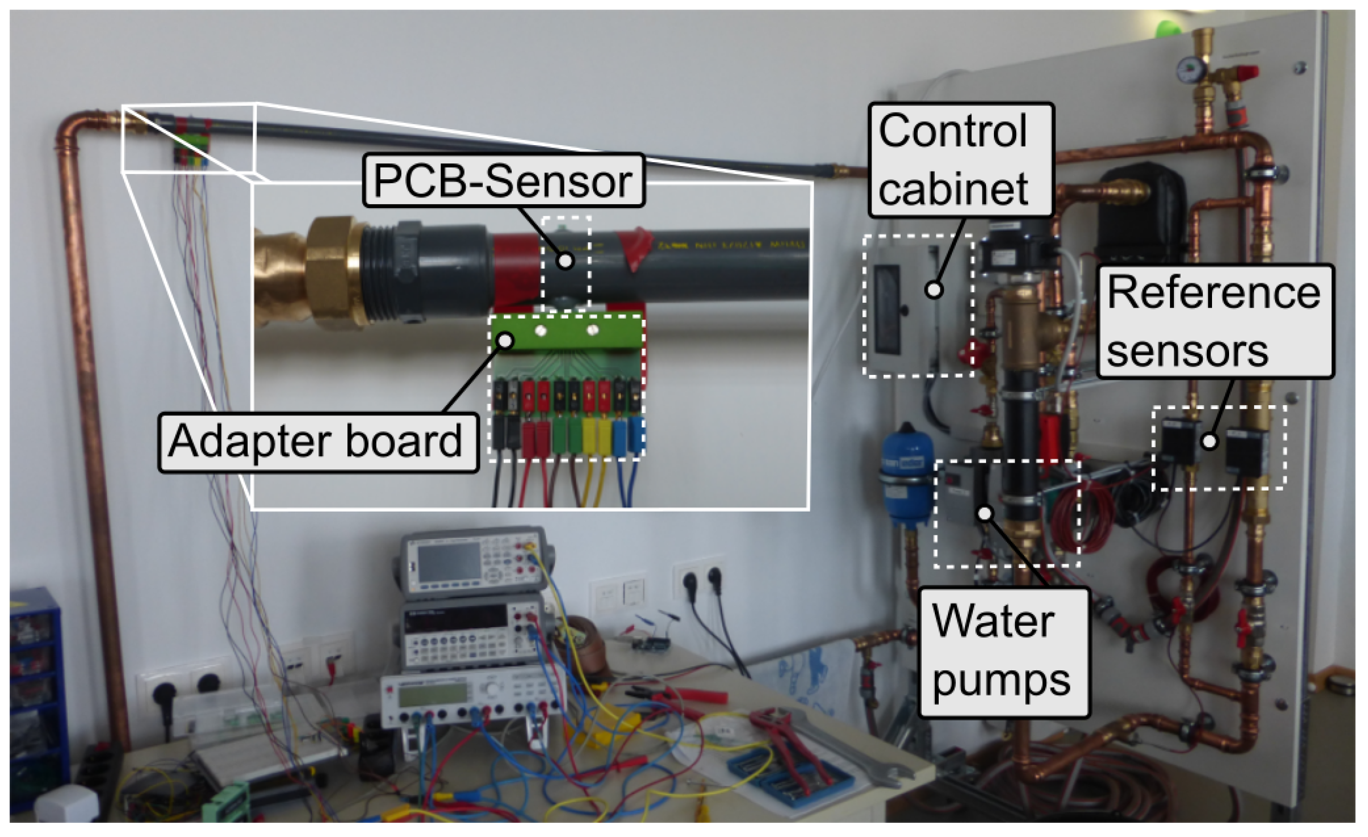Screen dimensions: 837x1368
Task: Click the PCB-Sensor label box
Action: click(x=503, y=180)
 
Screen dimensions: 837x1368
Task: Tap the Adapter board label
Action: click(x=317, y=442)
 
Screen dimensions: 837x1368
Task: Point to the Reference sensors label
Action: click(x=1215, y=321)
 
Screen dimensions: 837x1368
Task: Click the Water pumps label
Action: click(x=1004, y=652)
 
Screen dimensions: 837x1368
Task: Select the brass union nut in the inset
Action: click(x=332, y=273)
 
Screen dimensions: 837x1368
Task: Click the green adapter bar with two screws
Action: click(x=567, y=332)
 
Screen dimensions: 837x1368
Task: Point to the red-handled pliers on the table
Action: click(x=791, y=751)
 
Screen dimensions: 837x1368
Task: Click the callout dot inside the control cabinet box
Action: click(x=934, y=290)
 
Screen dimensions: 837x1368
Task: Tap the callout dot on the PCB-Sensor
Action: click(x=565, y=261)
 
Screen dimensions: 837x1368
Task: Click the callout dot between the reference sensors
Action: click(x=1210, y=441)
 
